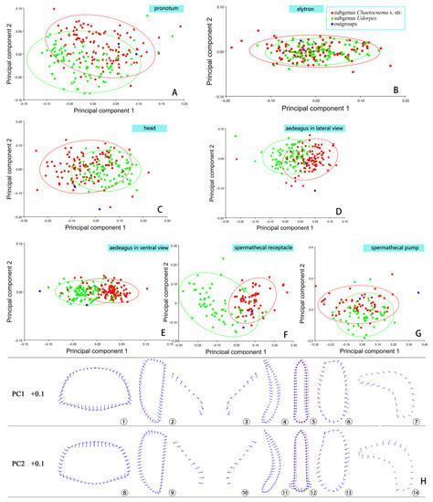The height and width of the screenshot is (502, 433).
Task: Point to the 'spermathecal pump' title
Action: tap(380, 248)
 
